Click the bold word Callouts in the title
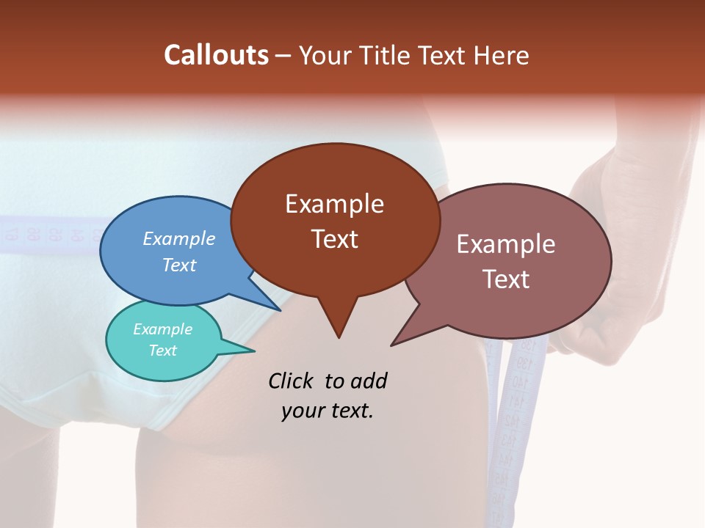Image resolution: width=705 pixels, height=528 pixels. pos(216,55)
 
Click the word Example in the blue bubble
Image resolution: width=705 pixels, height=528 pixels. pos(178,238)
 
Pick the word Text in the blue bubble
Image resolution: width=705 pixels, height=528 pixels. pos(178,265)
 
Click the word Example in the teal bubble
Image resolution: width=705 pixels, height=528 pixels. pos(162,329)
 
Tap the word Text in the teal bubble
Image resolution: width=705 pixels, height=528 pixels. pos(162,351)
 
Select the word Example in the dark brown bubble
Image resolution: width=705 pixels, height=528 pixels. pos(334,204)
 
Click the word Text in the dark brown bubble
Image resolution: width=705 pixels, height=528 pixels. pos(334,239)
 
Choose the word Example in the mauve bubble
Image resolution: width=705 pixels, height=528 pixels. pos(505,244)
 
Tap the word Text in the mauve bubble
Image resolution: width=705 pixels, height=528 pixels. pos(505,279)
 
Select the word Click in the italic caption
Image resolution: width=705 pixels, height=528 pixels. pos(292,381)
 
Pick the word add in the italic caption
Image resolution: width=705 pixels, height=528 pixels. pos(369,381)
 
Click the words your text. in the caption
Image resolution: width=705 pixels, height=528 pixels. pos(328,411)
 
